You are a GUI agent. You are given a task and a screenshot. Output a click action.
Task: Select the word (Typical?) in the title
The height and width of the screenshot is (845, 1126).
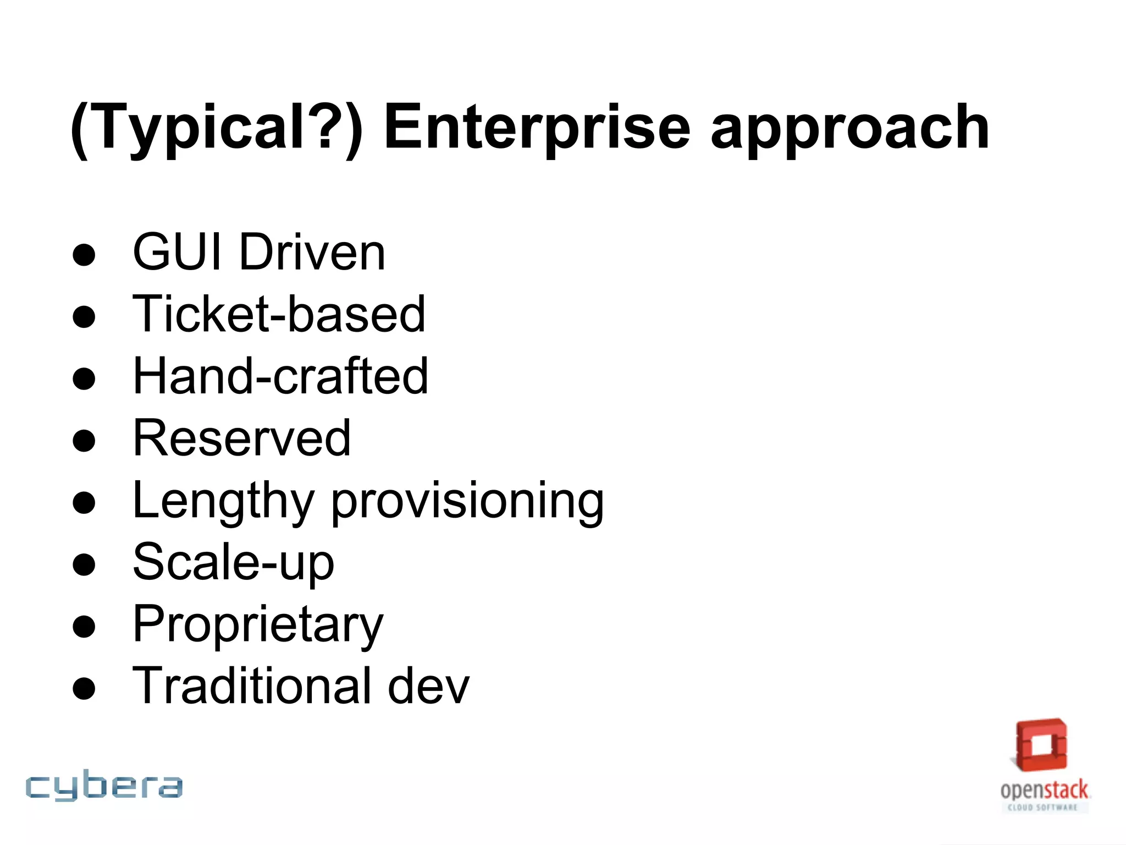(217, 130)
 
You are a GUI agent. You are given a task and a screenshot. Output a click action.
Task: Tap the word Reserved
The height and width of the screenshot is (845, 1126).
(242, 438)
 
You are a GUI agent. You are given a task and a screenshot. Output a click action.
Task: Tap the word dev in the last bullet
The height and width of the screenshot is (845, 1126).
(428, 685)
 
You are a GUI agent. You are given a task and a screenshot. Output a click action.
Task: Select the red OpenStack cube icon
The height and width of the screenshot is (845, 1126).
(1041, 745)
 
